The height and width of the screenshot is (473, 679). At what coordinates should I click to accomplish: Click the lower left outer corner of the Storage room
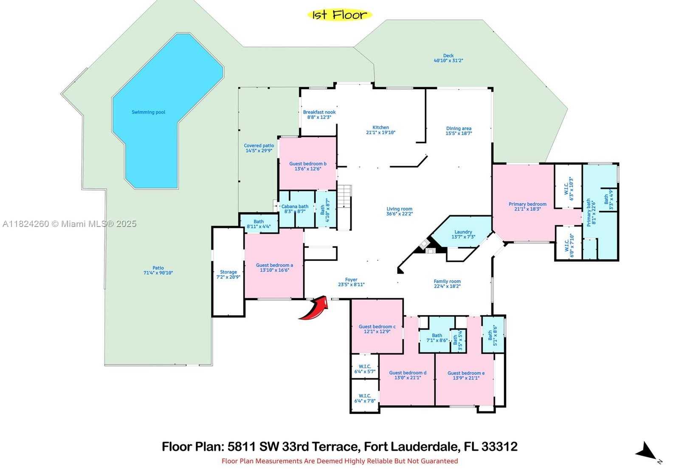tap(212, 316)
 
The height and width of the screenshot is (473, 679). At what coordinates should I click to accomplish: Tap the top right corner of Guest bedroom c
tap(403, 299)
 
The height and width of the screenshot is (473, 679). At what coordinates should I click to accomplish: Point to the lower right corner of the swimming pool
tap(177, 188)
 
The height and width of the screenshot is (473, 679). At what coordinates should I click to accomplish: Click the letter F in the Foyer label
tap(347, 280)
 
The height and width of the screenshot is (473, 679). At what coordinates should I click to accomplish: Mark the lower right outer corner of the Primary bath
tap(618, 260)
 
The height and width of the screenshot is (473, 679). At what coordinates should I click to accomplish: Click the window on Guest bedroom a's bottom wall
tap(274, 299)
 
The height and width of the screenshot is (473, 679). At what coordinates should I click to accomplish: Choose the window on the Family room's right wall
tap(492, 290)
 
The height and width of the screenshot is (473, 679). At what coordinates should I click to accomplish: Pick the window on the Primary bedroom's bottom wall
tap(532, 242)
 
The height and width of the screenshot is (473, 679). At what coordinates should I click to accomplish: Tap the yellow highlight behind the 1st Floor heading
tap(340, 15)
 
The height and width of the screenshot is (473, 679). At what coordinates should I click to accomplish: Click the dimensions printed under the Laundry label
tap(463, 237)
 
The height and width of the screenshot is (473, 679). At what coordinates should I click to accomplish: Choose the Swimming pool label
tap(148, 112)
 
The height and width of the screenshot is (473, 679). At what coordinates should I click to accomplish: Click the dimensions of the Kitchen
tap(380, 132)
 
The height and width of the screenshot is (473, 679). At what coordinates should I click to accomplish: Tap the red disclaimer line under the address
tap(340, 461)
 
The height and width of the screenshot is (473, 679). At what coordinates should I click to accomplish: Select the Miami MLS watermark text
tap(69, 224)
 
